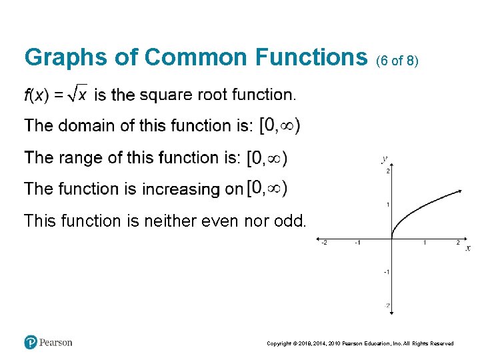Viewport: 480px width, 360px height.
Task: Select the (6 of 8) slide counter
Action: click(x=397, y=61)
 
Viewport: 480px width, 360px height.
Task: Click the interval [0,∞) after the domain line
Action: click(x=279, y=125)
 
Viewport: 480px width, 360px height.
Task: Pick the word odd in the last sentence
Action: click(x=291, y=220)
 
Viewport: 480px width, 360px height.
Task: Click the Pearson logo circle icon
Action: click(x=31, y=342)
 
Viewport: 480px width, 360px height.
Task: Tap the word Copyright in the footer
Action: click(x=279, y=343)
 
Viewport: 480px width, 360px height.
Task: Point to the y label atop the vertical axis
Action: click(x=384, y=159)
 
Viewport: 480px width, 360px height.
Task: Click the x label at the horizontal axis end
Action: click(x=467, y=248)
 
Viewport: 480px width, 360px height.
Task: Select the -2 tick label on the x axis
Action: click(x=324, y=243)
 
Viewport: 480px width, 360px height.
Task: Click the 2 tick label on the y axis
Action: click(x=387, y=171)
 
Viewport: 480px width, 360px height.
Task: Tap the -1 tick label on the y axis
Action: click(x=386, y=272)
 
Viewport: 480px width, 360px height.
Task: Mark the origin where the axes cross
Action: click(x=391, y=238)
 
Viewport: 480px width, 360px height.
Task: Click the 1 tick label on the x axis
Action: click(x=425, y=243)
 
